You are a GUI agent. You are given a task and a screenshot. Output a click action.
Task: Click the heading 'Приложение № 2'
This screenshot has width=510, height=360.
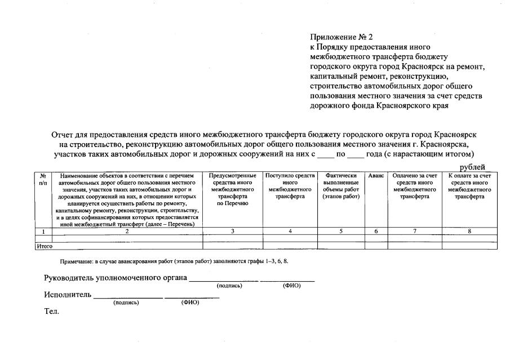tap(342, 37)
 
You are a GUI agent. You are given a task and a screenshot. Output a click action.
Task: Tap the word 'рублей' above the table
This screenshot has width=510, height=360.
tap(472, 167)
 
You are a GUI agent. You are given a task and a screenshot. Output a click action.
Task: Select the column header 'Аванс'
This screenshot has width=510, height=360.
tap(376, 176)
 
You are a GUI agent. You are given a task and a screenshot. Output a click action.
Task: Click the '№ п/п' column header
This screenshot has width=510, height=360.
tap(43, 180)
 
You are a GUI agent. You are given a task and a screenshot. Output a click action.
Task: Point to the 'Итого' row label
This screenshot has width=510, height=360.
tap(44, 246)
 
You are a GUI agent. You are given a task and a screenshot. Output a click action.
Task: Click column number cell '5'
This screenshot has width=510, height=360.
tap(341, 231)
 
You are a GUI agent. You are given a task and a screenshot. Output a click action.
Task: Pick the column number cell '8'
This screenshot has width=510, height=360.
tap(469, 231)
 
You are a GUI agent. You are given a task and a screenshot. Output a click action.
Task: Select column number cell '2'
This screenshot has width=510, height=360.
tap(127, 231)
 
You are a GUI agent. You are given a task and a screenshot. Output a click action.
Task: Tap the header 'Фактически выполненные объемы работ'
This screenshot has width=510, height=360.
tap(341, 186)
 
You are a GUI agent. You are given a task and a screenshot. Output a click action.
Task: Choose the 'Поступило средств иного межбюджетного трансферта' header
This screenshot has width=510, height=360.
tap(290, 186)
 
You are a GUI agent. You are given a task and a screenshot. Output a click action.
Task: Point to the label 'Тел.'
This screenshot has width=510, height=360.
tap(51, 311)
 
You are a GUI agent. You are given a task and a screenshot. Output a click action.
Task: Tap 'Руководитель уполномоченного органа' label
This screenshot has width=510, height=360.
tap(116, 278)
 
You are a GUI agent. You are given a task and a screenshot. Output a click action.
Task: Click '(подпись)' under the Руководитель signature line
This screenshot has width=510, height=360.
tap(229, 286)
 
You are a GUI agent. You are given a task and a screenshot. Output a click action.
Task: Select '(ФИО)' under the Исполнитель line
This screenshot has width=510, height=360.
tap(190, 303)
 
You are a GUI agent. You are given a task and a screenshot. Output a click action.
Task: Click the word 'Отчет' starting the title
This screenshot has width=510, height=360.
tap(63, 135)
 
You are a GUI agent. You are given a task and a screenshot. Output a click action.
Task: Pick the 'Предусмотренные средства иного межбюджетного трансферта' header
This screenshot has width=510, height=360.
tap(233, 190)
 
